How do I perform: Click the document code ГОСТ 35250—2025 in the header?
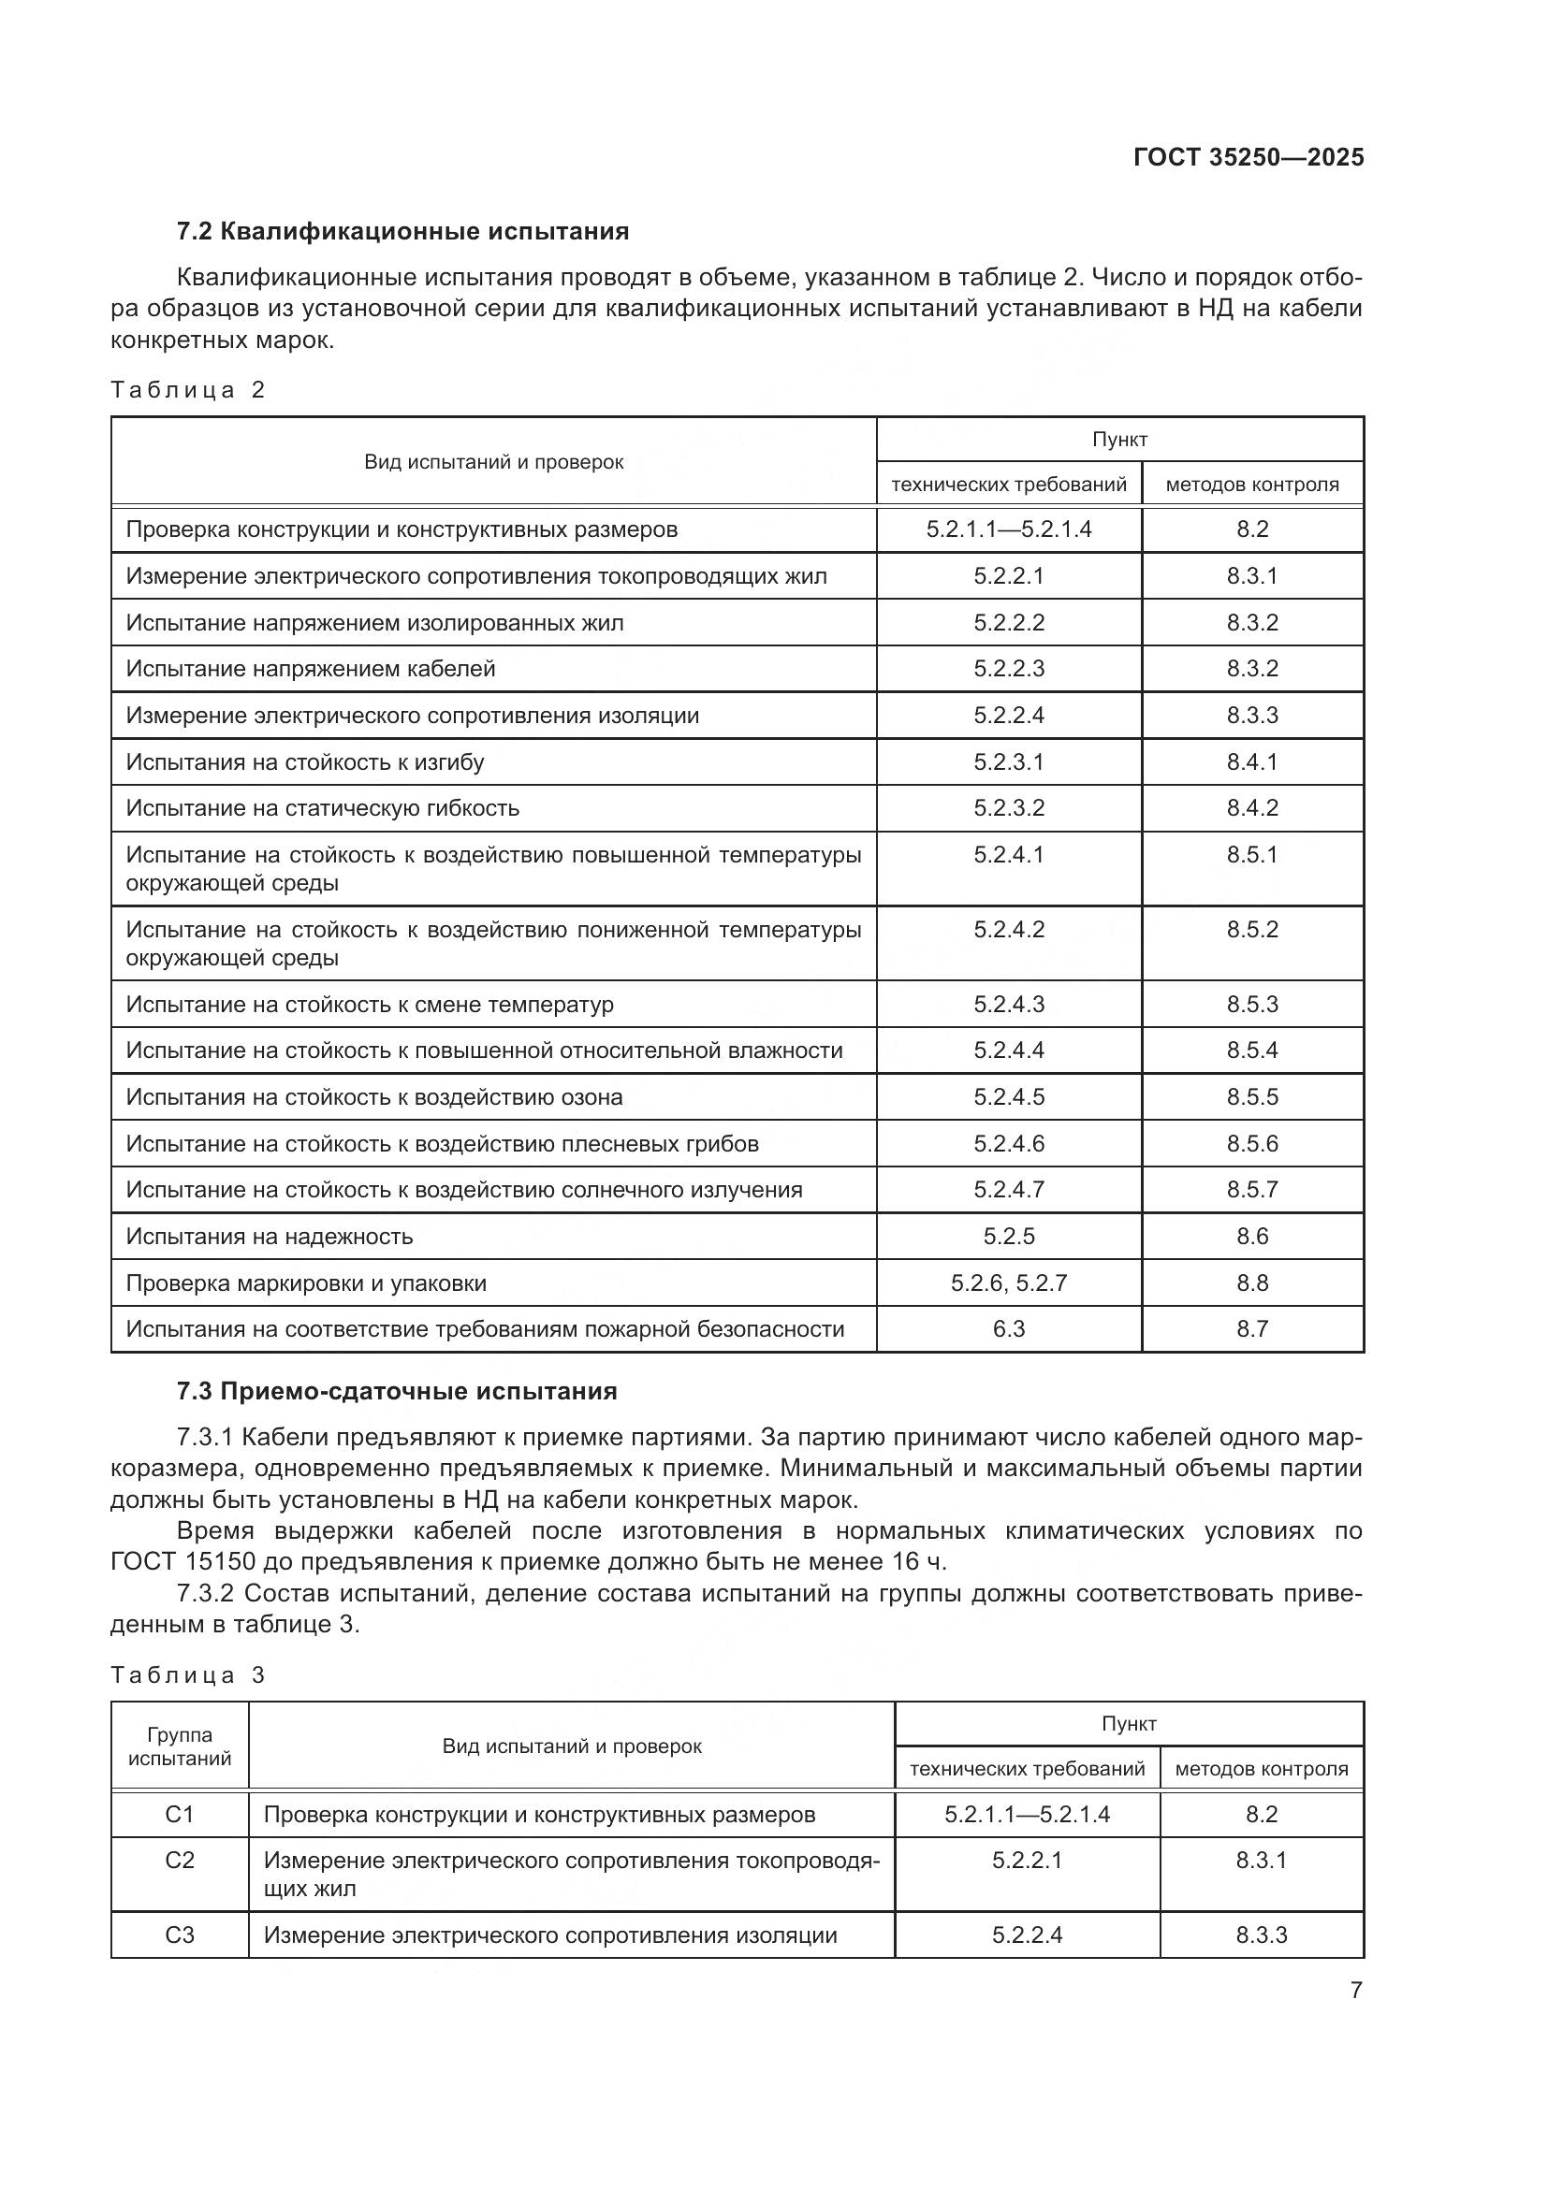point(1248,157)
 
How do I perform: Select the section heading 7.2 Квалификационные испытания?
point(402,232)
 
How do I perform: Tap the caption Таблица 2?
point(188,390)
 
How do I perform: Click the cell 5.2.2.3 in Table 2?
point(1009,668)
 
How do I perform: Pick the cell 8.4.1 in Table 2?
point(1251,761)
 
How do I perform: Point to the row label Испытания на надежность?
point(270,1236)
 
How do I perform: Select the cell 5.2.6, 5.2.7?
point(1009,1282)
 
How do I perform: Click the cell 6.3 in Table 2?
point(1009,1328)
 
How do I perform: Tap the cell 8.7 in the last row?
point(1251,1328)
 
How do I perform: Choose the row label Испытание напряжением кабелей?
point(311,668)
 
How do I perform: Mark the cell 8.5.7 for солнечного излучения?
point(1251,1189)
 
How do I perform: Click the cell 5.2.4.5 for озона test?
point(1009,1097)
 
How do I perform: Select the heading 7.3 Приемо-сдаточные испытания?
point(397,1391)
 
